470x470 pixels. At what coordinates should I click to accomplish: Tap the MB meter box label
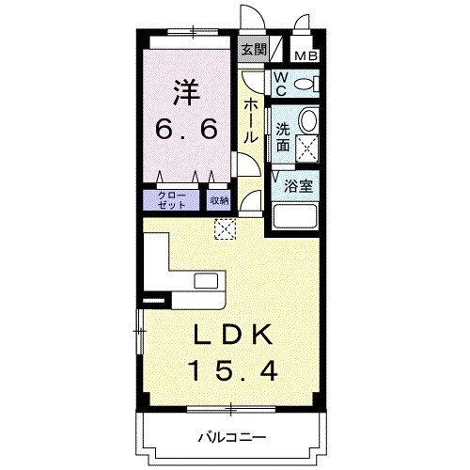[x=306, y=55]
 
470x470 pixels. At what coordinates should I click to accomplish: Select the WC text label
[x=281, y=85]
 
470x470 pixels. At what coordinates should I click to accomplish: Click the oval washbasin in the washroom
[x=307, y=121]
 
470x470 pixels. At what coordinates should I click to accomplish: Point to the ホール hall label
[x=251, y=121]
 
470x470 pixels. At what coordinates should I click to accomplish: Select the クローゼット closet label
[x=171, y=200]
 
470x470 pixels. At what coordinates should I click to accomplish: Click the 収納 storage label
[x=218, y=200]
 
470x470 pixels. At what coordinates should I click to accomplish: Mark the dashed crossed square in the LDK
[x=226, y=228]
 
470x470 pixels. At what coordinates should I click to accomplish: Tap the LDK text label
[x=234, y=335]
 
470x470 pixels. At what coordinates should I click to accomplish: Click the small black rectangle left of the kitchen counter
[x=152, y=300]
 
